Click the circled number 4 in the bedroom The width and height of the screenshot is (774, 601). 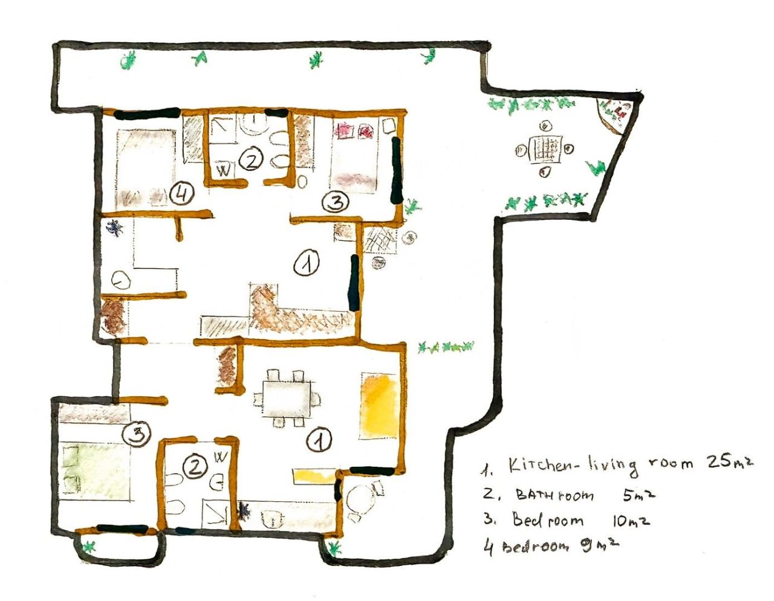(x=181, y=195)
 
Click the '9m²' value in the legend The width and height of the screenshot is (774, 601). (x=601, y=545)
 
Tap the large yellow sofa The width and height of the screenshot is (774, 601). (x=379, y=405)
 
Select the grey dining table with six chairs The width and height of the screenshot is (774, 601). (x=286, y=399)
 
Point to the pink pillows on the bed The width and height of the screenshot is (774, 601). (x=354, y=130)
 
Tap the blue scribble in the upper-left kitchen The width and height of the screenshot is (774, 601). (x=115, y=228)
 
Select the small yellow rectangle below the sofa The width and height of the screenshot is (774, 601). (x=313, y=476)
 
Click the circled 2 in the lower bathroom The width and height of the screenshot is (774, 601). (x=195, y=466)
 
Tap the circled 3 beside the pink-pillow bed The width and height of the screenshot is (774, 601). (x=335, y=202)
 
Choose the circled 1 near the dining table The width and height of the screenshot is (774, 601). (x=319, y=440)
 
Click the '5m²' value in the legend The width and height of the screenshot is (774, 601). (x=639, y=495)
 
